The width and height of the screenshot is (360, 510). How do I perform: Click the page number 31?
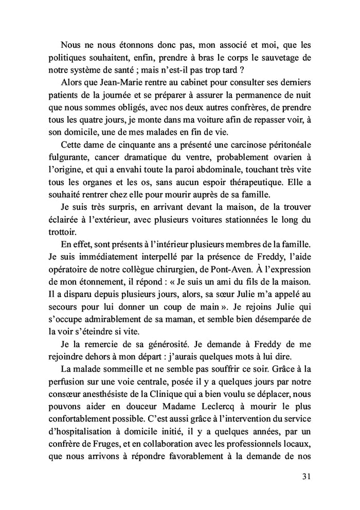pyautogui.click(x=305, y=476)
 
